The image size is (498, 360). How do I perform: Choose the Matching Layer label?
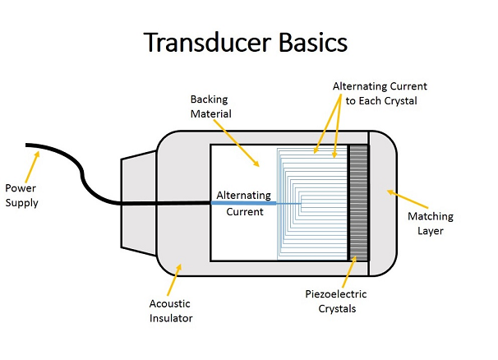coord(427,223)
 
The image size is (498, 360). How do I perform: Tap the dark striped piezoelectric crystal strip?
coord(357,202)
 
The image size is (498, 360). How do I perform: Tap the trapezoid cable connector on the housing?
coord(137,202)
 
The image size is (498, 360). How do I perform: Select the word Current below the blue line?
coord(245,212)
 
